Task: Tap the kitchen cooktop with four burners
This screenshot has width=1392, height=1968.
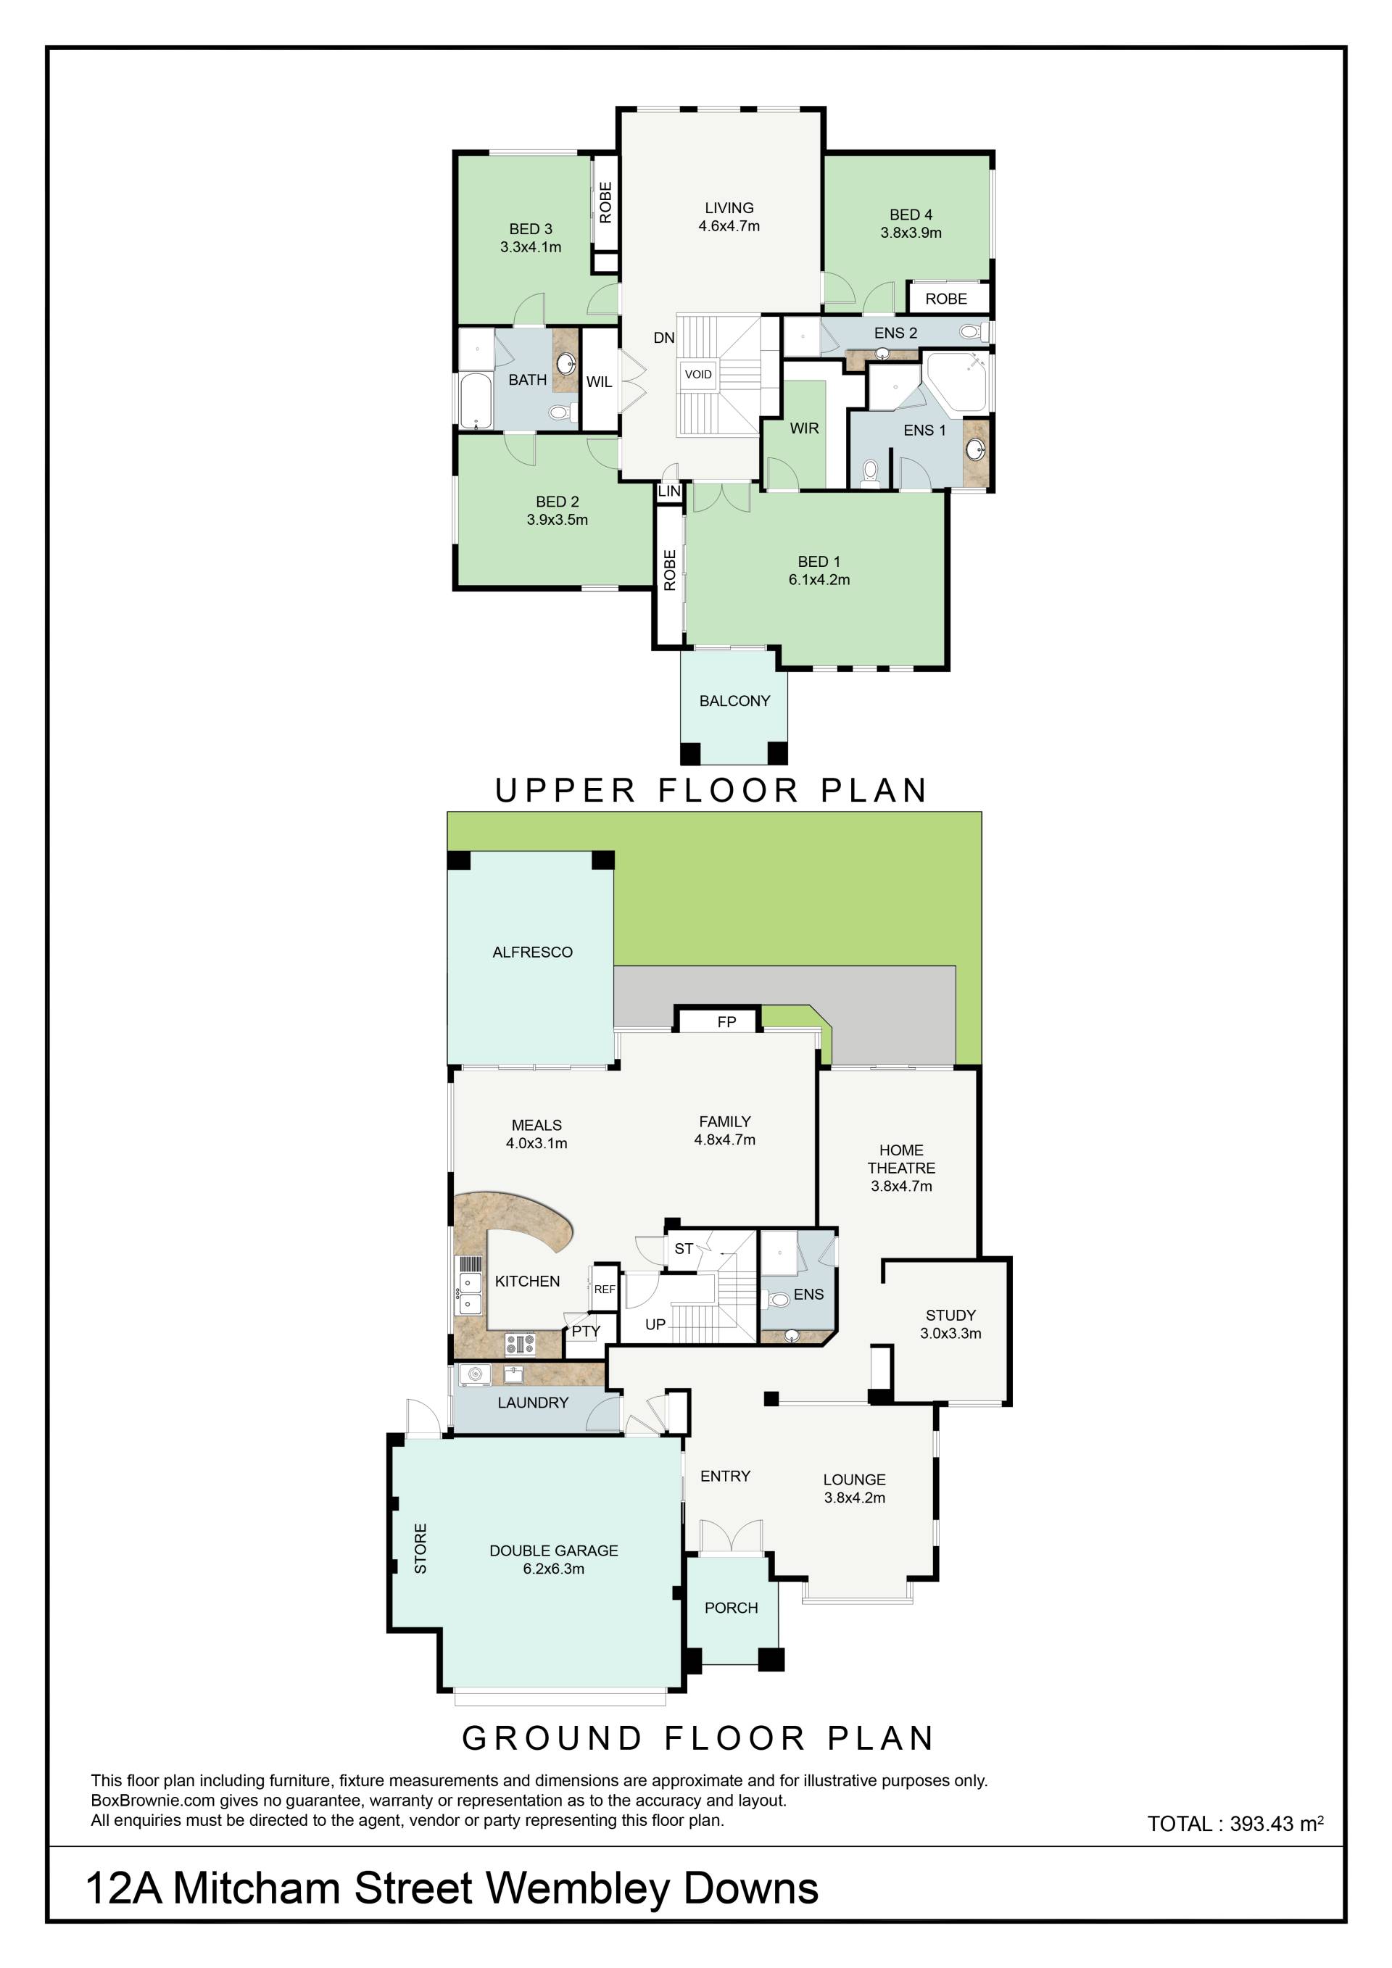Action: [521, 1343]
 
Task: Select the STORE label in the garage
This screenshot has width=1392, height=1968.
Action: [420, 1548]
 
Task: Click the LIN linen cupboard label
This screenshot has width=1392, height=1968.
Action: [669, 491]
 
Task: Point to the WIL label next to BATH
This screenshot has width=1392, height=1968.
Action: [599, 382]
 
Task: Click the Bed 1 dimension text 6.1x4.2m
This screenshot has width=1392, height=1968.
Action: [819, 579]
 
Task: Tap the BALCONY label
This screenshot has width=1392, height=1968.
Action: [734, 700]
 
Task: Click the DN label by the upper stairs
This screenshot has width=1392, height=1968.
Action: [663, 338]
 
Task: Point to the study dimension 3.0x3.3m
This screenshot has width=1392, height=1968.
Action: [950, 1333]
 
